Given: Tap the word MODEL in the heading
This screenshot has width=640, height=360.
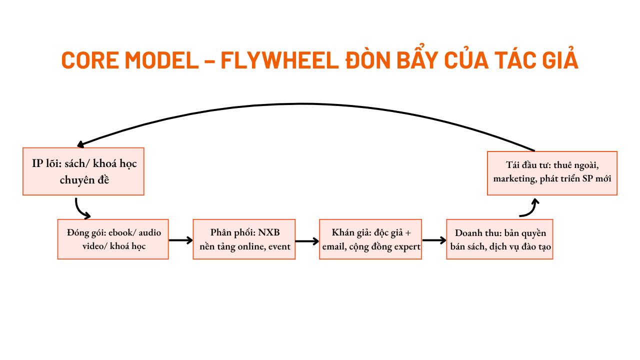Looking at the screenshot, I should tap(161, 60).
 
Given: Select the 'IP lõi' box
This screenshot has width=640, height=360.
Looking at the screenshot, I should tap(83, 171).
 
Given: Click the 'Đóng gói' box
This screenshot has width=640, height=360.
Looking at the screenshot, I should tap(113, 239).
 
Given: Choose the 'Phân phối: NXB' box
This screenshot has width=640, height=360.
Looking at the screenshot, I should tap(244, 239).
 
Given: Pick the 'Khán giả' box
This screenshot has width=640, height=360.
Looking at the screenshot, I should tap(370, 239).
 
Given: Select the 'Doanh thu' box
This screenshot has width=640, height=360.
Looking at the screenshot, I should tap(499, 239).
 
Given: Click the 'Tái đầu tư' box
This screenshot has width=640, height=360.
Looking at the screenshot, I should tap(552, 173).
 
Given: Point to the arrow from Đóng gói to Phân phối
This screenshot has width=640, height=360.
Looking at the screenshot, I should tap(180, 240).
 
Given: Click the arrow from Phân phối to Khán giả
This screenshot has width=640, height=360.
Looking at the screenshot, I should tap(307, 240).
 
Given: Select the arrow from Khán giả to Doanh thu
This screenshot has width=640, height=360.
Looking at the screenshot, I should tap(433, 240).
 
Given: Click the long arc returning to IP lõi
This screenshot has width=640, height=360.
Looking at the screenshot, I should tap(302, 104).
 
